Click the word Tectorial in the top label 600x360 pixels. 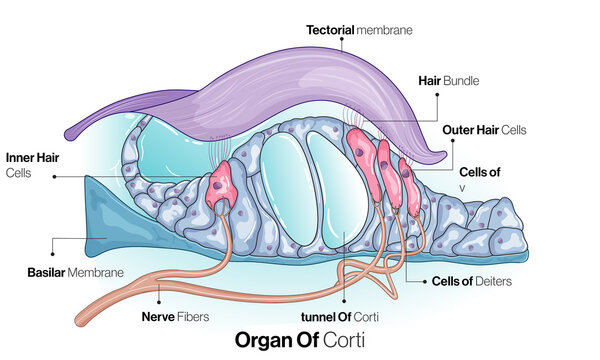pos(330,30)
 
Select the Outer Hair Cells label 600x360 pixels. pos(484,129)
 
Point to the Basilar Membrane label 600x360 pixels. pos(76,272)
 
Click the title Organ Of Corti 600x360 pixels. pos(299,339)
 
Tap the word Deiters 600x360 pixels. pos(495,281)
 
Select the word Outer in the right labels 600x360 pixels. pos(458,129)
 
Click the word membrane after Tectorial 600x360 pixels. pos(385,30)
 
